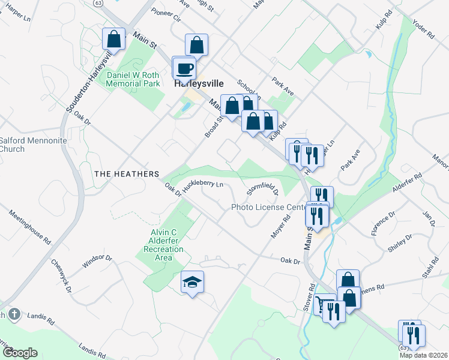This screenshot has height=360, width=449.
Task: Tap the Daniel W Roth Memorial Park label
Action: coord(133,79)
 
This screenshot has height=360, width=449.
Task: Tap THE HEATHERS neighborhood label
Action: coord(127,173)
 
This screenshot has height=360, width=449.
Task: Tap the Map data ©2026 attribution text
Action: coord(423,355)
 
